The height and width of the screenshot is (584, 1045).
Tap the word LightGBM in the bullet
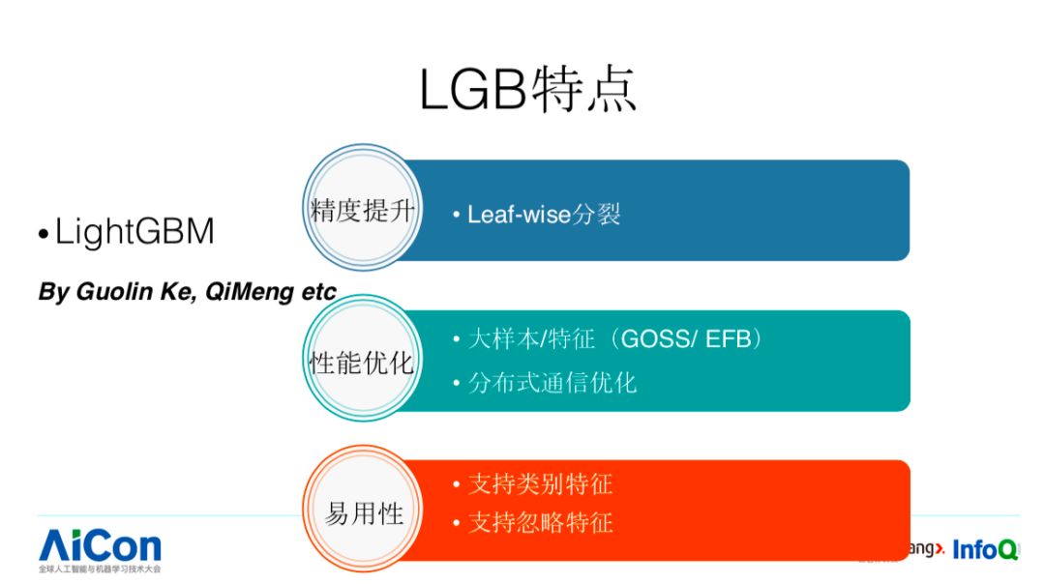134,233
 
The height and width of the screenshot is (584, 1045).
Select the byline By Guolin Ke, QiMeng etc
187,291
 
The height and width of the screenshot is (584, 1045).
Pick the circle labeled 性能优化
362,363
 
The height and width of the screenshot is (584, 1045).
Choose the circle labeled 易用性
362,513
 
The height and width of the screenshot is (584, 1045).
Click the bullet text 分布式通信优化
552,383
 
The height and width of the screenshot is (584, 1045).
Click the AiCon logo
100,545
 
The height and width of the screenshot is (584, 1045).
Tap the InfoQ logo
985,549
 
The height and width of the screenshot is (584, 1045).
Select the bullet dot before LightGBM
43,236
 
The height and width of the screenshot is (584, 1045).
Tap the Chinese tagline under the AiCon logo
100,569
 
